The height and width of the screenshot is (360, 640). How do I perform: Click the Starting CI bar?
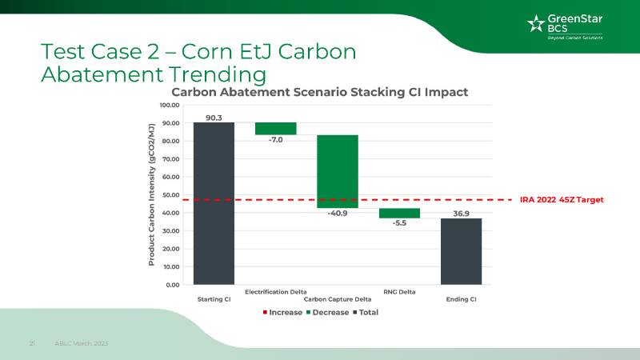click(214, 203)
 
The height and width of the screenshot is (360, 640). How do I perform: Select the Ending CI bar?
click(461, 251)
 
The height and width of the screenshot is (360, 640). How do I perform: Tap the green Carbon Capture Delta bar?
click(338, 171)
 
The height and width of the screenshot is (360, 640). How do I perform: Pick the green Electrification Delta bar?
click(276, 129)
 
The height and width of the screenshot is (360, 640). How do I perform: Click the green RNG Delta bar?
click(399, 213)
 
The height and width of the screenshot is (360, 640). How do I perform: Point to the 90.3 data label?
click(214, 118)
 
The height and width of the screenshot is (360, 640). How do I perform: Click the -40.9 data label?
click(338, 214)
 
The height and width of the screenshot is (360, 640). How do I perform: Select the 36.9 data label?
click(461, 214)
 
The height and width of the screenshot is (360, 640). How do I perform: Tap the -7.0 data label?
click(276, 140)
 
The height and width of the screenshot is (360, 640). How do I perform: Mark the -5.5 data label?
click(399, 224)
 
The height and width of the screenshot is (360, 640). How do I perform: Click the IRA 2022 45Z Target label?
click(561, 199)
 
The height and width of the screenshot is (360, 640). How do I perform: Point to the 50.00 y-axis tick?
click(169, 194)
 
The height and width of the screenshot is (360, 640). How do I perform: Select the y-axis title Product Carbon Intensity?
click(151, 194)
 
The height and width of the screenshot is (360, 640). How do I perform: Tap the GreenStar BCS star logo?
click(534, 23)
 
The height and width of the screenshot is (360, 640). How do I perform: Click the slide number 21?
click(33, 343)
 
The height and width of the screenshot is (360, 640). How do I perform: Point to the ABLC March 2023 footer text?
click(82, 343)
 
